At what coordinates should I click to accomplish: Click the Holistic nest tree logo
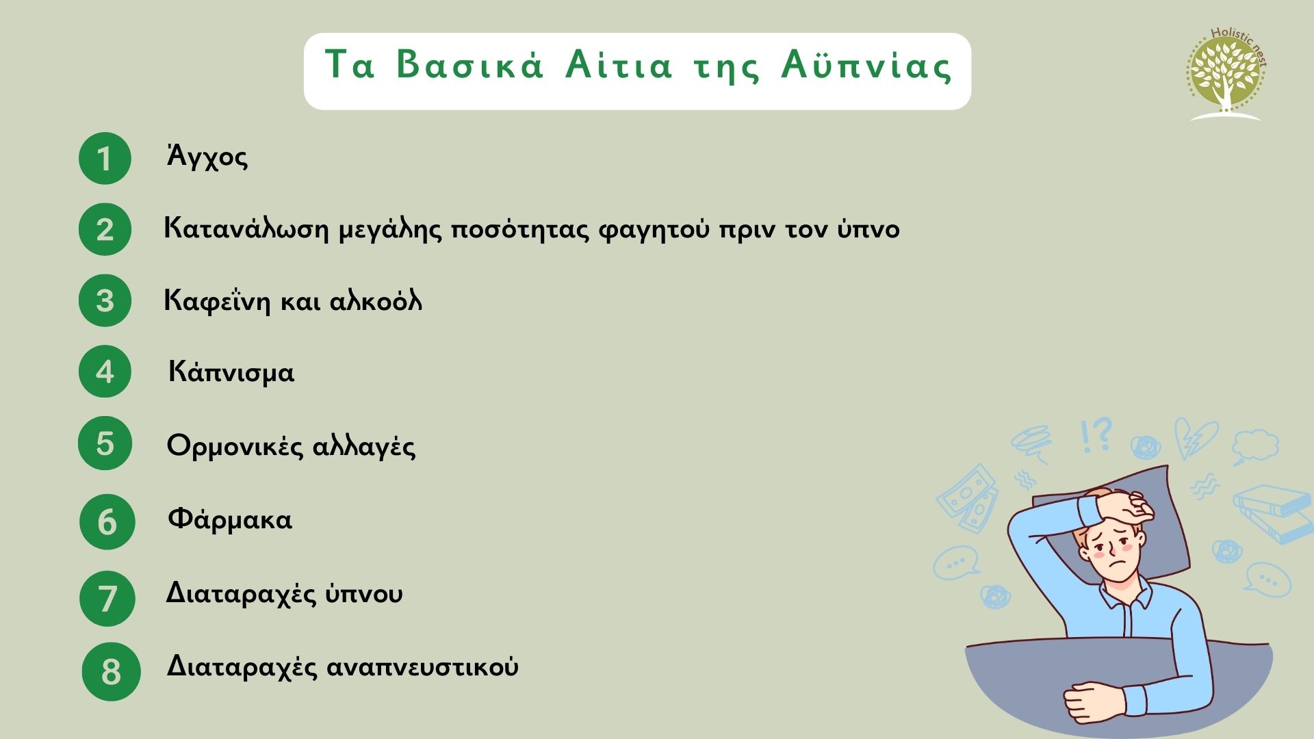click(1226, 74)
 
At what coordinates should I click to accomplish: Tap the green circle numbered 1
click(105, 158)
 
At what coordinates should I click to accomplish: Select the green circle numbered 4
click(105, 372)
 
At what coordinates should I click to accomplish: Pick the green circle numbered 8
click(111, 671)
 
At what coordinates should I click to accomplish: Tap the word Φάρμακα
click(230, 519)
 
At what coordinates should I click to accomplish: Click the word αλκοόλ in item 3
click(376, 300)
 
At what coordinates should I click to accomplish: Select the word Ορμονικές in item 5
click(235, 446)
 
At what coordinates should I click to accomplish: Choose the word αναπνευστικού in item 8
click(422, 666)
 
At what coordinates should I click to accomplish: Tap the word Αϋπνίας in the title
click(866, 66)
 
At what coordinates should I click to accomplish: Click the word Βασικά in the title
click(470, 66)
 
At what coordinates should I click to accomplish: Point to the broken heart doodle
click(1196, 439)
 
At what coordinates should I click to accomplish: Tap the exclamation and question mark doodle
click(1096, 435)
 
